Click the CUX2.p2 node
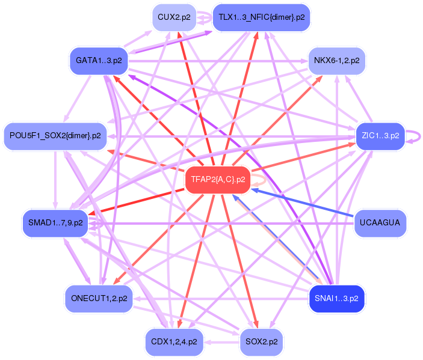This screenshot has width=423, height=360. [x=174, y=17]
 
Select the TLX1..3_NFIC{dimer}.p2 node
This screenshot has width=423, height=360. [x=261, y=17]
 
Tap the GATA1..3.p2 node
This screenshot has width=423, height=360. [x=99, y=61]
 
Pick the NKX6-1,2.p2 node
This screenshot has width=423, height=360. [x=337, y=61]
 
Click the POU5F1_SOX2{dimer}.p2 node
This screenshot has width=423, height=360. [x=55, y=136]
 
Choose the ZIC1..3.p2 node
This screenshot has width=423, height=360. [x=380, y=136]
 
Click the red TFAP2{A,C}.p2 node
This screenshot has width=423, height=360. [x=218, y=180]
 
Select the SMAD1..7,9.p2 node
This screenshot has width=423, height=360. [x=55, y=223]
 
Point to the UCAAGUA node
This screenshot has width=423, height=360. [x=380, y=223]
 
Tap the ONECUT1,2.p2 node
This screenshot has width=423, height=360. [x=99, y=299]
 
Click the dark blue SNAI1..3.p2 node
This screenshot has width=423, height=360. [x=337, y=299]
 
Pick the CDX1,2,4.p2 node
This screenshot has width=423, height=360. [x=174, y=342]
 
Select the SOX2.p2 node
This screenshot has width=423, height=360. [x=261, y=342]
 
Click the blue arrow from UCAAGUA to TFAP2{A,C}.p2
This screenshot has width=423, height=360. [x=303, y=203]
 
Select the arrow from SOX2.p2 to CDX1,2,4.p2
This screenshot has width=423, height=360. [x=222, y=343]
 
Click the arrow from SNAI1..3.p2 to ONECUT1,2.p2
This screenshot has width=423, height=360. [x=221, y=299]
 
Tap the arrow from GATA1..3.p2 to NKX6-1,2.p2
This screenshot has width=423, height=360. [x=218, y=61]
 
